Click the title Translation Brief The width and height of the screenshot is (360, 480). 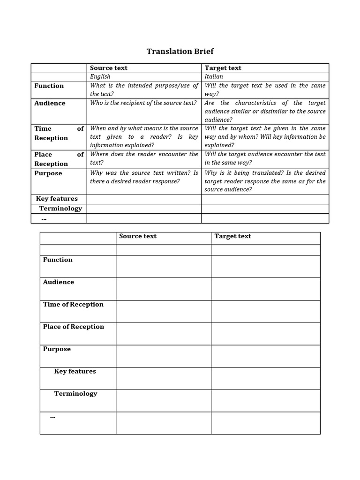pyautogui.click(x=180, y=51)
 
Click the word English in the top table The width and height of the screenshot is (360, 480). pyautogui.click(x=100, y=76)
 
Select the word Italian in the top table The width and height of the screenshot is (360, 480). pyautogui.click(x=214, y=76)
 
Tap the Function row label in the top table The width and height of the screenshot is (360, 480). pyautogui.click(x=49, y=86)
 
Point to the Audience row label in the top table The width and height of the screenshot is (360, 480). pyautogui.click(x=50, y=103)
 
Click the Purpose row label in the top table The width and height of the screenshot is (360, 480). pyautogui.click(x=48, y=173)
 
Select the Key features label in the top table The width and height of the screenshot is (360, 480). pyautogui.click(x=57, y=199)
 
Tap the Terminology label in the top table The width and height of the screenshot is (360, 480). pyautogui.click(x=60, y=209)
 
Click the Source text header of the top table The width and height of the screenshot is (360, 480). pyautogui.click(x=108, y=68)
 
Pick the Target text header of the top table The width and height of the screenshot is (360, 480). pyautogui.click(x=223, y=68)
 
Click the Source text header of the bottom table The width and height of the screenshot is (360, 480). pyautogui.click(x=137, y=236)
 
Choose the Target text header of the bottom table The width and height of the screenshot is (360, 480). pyautogui.click(x=232, y=236)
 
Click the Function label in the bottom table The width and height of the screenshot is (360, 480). pyautogui.click(x=58, y=260)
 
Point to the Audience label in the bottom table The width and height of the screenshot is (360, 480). pyautogui.click(x=59, y=282)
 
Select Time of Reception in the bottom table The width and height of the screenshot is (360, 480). pyautogui.click(x=73, y=305)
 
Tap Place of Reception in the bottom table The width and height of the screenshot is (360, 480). pyautogui.click(x=74, y=327)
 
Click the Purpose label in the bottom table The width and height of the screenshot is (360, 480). pyautogui.click(x=57, y=349)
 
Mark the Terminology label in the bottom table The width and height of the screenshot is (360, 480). pyautogui.click(x=75, y=394)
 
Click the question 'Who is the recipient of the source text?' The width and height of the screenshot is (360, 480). pyautogui.click(x=143, y=103)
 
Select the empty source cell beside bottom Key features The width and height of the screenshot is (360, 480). pyautogui.click(x=163, y=378)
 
